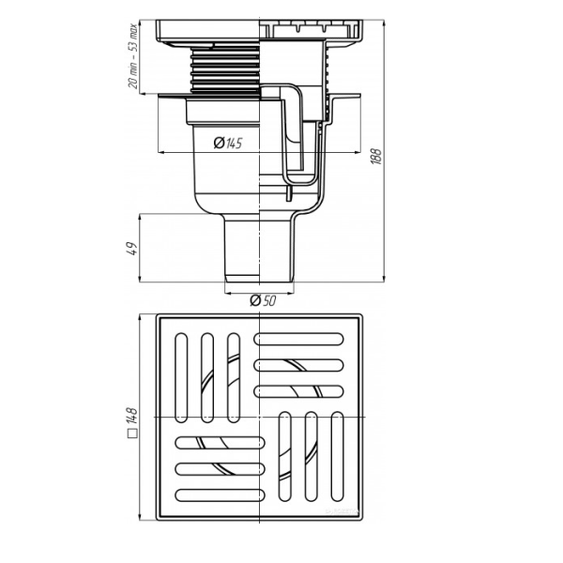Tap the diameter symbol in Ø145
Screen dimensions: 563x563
point(219,144)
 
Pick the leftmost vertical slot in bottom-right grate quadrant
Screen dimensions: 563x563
point(284,458)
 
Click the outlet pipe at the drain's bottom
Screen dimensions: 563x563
point(259,249)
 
